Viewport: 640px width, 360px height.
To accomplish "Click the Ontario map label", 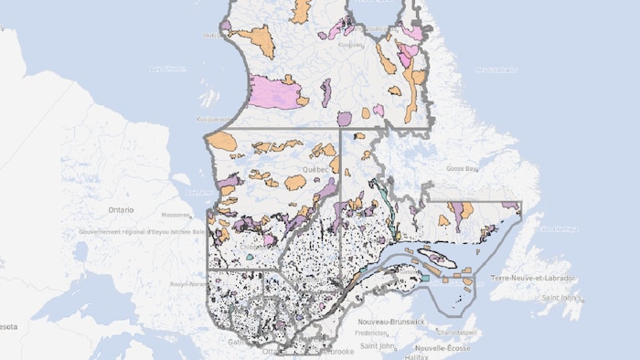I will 121,209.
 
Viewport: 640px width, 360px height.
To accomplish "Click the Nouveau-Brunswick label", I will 392,322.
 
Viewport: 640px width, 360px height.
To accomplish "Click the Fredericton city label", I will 374,334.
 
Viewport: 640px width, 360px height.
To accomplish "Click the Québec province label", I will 315,170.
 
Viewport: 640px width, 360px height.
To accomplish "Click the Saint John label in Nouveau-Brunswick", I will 378,345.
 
